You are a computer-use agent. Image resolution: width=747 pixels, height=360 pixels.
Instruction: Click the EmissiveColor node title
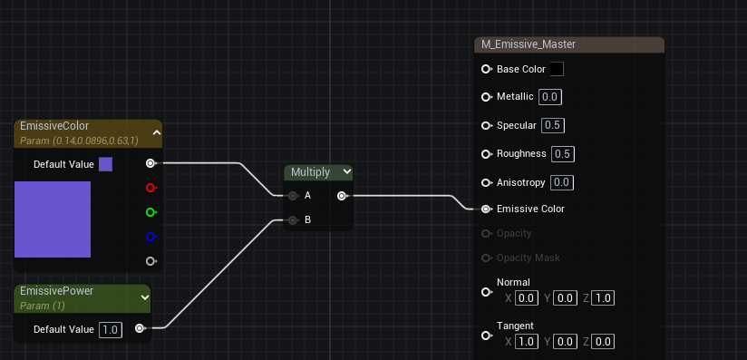click(54, 126)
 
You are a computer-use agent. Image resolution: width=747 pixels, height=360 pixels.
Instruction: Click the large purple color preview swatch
click(53, 219)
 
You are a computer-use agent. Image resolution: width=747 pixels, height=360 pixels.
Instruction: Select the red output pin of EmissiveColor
click(150, 188)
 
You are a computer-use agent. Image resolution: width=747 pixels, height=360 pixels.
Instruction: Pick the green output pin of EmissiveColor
click(150, 212)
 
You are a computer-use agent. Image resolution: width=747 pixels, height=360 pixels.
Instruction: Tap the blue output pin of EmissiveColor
click(150, 237)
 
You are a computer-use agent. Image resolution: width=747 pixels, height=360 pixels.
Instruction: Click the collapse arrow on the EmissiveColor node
click(156, 132)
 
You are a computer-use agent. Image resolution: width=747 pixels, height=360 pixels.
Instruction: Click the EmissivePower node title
click(57, 291)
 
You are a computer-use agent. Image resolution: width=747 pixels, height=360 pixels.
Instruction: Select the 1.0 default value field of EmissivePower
click(111, 329)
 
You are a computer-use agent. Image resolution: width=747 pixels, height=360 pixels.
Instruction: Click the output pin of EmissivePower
click(139, 328)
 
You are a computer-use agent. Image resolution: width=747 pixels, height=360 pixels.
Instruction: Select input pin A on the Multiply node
click(293, 195)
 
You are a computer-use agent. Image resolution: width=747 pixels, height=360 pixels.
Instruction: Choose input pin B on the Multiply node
click(293, 219)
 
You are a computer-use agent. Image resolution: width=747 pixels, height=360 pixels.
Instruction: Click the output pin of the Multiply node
click(341, 195)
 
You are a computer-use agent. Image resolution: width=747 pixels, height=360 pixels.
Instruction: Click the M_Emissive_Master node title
click(529, 44)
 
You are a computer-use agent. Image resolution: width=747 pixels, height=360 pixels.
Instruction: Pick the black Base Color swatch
click(557, 69)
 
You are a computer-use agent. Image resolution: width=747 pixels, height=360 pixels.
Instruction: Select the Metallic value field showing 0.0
click(549, 97)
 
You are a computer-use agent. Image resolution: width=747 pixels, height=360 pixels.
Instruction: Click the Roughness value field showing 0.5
click(563, 153)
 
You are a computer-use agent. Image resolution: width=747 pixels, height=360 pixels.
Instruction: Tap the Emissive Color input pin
click(486, 209)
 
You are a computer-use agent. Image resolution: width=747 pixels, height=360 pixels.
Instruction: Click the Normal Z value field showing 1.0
click(604, 298)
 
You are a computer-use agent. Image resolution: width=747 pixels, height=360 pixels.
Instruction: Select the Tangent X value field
click(527, 342)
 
